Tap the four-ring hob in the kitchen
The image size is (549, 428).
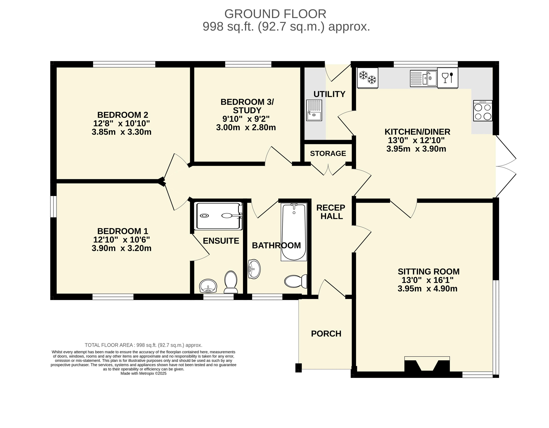tap(483, 110)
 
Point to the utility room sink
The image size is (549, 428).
tap(314, 110)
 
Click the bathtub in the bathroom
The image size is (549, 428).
tap(294, 232)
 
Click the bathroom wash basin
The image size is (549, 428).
tap(254, 269)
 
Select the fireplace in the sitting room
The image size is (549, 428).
tap(427, 364)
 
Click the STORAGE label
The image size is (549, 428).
tap(328, 153)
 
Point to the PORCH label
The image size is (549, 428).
tap(326, 334)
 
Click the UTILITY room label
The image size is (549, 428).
tap(329, 94)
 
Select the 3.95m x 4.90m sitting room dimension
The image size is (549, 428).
tap(427, 289)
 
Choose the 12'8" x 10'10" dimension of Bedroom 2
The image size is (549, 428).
tap(121, 123)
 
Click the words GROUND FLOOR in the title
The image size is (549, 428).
tap(275, 14)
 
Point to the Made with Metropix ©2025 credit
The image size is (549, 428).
tap(144, 373)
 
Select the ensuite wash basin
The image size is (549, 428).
tap(208, 286)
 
